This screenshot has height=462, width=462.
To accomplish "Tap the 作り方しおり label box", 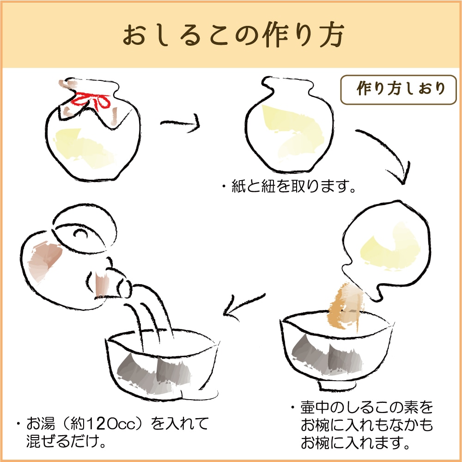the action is pyautogui.click(x=398, y=90).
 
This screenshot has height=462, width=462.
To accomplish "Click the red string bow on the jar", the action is pyautogui.click(x=91, y=101).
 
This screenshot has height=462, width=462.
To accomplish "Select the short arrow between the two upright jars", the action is pyautogui.click(x=180, y=123).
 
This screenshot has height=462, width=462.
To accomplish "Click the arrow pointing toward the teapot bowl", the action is pyautogui.click(x=243, y=306).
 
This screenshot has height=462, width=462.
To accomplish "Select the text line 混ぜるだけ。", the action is pyautogui.click(x=66, y=441).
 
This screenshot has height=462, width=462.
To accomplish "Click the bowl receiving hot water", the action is pyautogui.click(x=162, y=365).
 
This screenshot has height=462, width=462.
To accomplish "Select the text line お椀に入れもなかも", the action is pyautogui.click(x=366, y=425).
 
